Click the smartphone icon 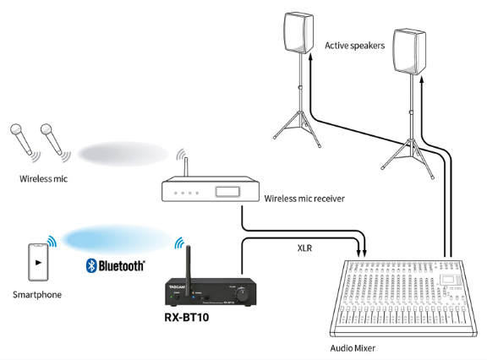[38, 262]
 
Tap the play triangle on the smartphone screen [38, 263]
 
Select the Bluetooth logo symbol [91, 265]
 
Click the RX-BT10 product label [187, 317]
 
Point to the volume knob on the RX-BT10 [242, 294]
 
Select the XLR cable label [304, 248]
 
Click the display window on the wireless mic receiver [227, 192]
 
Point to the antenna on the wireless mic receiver [186, 166]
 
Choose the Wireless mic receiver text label [304, 199]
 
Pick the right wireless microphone [51, 139]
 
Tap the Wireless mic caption [43, 179]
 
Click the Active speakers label [355, 46]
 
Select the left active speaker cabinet [298, 33]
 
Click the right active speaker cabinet [409, 52]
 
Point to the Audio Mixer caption [353, 348]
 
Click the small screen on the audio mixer [448, 280]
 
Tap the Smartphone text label [37, 295]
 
